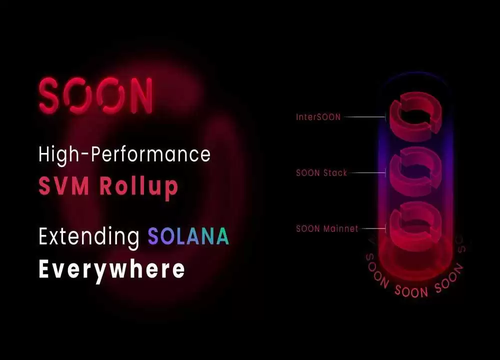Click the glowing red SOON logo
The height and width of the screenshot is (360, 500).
[x=95, y=95]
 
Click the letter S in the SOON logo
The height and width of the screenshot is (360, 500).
[x=49, y=95]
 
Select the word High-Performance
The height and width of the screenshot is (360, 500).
[x=124, y=154]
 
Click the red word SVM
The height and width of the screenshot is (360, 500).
[x=64, y=186]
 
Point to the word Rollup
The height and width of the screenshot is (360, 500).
[x=138, y=188]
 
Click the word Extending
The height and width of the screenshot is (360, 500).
[x=89, y=236]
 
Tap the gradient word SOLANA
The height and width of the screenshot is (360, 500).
[x=188, y=236]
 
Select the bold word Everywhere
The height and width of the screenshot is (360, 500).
[x=111, y=270]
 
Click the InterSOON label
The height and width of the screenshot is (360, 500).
[x=318, y=117]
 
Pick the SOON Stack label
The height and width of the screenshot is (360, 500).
[x=321, y=173]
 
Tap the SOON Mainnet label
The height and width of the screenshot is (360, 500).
[x=327, y=228]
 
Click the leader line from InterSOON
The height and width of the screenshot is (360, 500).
[x=365, y=117]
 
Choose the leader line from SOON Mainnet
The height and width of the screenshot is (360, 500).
[x=373, y=228]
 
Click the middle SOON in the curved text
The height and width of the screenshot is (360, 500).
[x=411, y=291]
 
